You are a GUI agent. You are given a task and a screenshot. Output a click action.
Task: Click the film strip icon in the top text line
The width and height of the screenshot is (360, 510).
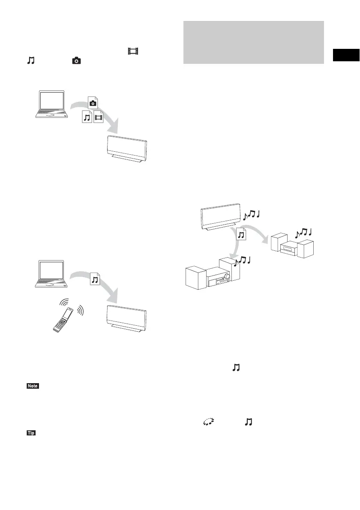[133, 52]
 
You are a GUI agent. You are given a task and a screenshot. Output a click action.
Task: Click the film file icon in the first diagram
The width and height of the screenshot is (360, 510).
[99, 116]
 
